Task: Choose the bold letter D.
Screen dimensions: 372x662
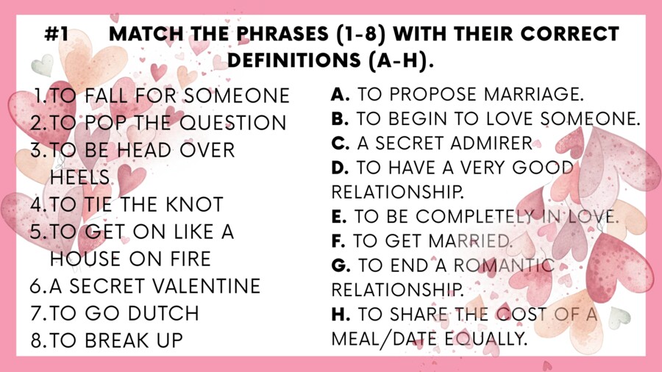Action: click(340, 168)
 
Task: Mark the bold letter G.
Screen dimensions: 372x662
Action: click(340, 265)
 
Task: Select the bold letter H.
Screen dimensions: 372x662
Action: click(341, 315)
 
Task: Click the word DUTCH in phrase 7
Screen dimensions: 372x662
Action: click(163, 312)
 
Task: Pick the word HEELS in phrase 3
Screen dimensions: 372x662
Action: click(80, 177)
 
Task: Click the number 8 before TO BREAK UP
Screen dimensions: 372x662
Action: click(37, 340)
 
